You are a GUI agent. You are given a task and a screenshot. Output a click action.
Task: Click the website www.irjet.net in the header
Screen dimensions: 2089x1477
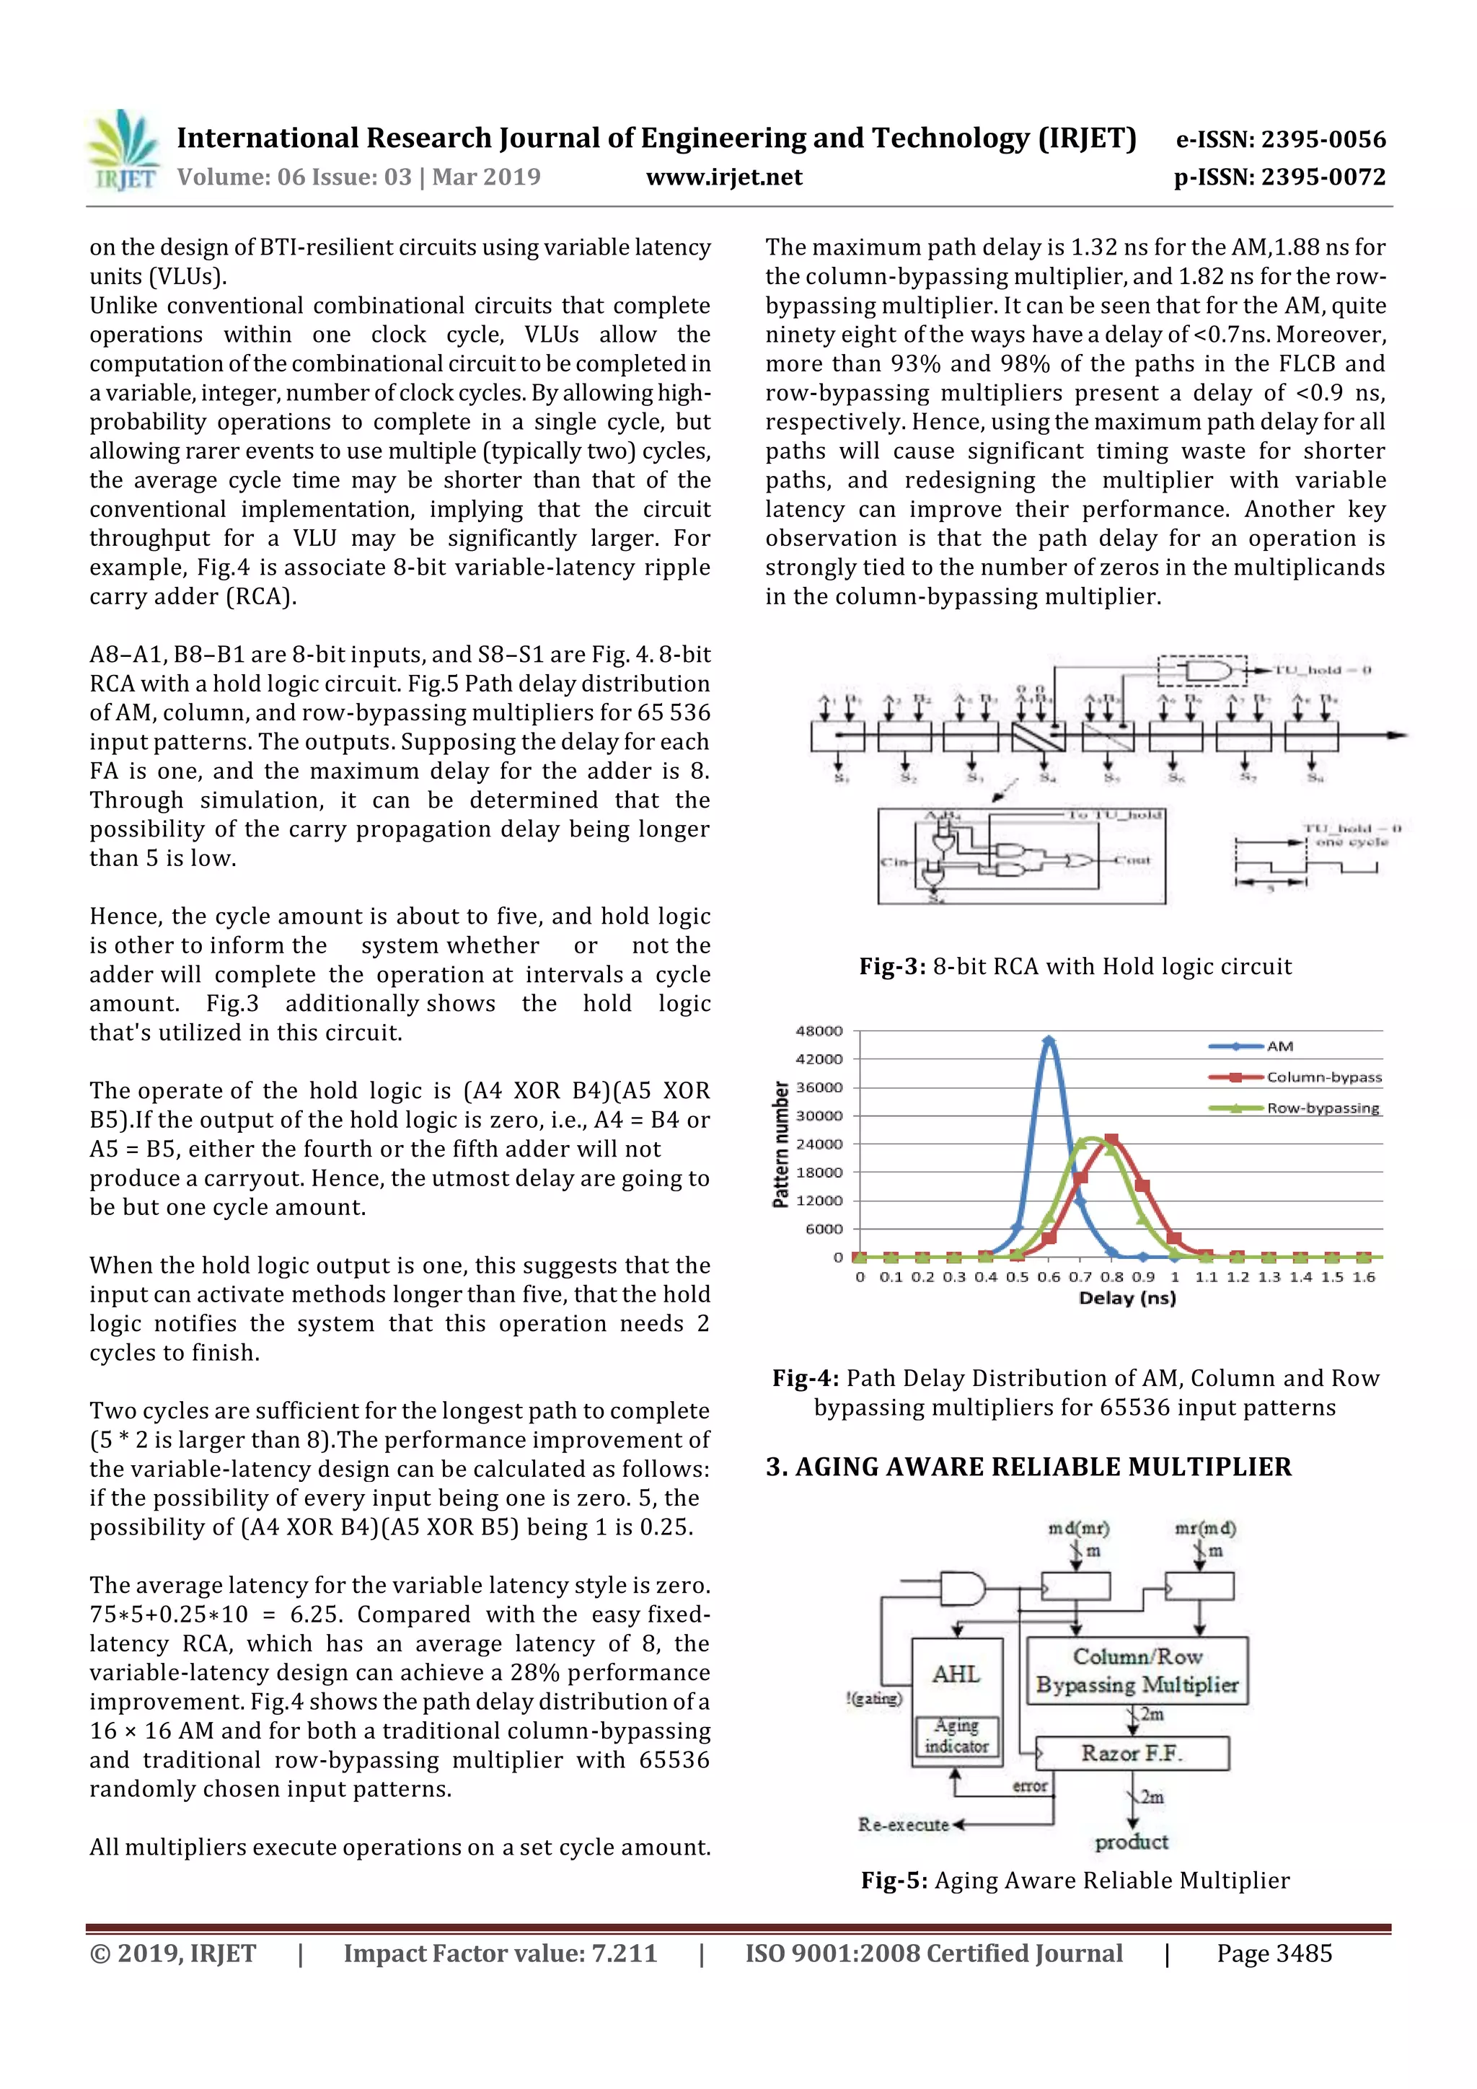pyautogui.click(x=723, y=177)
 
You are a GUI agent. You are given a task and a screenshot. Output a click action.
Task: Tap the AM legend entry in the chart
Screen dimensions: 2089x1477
pyautogui.click(x=1279, y=1046)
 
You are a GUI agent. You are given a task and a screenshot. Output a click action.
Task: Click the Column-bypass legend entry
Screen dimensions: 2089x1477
pyautogui.click(x=1323, y=1077)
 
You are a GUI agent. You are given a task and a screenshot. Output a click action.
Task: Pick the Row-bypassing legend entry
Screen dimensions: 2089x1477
pyautogui.click(x=1322, y=1108)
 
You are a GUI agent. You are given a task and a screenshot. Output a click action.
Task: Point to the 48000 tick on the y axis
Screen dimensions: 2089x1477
pyautogui.click(x=819, y=1031)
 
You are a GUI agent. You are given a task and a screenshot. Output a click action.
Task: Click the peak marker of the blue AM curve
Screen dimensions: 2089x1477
pyautogui.click(x=1049, y=1040)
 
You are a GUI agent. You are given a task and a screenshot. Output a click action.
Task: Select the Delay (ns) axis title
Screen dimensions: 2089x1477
pyautogui.click(x=1127, y=1299)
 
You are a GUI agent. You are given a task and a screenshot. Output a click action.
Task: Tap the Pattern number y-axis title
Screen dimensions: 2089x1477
pyautogui.click(x=780, y=1144)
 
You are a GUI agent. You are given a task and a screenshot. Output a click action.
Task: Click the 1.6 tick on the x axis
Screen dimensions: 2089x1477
pyautogui.click(x=1363, y=1278)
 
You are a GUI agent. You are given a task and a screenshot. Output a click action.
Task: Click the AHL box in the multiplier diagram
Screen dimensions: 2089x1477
pyautogui.click(x=956, y=1674)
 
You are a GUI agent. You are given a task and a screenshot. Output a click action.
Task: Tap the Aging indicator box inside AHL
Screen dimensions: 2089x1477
pyautogui.click(x=956, y=1736)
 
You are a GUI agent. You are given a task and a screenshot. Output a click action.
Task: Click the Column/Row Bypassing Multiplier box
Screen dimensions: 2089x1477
pyautogui.click(x=1137, y=1671)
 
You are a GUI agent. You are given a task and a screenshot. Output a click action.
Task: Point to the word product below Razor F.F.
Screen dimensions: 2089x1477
pyautogui.click(x=1131, y=1842)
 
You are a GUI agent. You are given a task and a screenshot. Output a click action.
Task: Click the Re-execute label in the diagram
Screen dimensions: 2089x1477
pyautogui.click(x=903, y=1824)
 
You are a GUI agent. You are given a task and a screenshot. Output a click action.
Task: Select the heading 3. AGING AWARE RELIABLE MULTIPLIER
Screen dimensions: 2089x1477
pyautogui.click(x=1028, y=1467)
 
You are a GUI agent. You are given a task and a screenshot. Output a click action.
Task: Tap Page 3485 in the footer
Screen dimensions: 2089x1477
pyautogui.click(x=1274, y=1953)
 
